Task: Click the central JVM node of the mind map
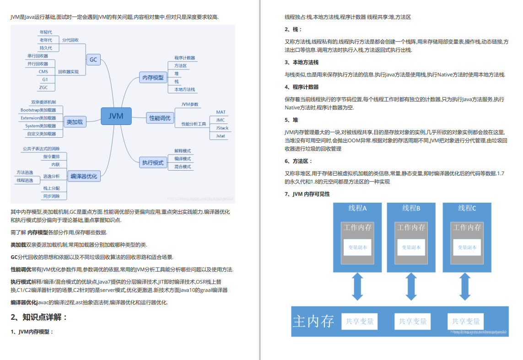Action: point(116,116)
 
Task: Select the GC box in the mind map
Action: point(93,59)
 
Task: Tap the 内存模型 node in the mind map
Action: point(153,78)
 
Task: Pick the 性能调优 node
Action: point(160,118)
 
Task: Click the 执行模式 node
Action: point(153,162)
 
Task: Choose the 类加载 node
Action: point(75,122)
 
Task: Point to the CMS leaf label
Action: point(43,71)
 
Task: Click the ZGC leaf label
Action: point(43,87)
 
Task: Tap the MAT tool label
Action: point(221,112)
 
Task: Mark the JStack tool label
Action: point(222,128)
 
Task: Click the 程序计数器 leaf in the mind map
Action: point(184,58)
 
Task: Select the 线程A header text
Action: point(358,208)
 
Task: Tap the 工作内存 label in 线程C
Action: point(467,227)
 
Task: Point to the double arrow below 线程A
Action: point(357,285)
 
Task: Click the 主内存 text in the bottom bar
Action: point(313,321)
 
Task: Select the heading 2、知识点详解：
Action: point(39,317)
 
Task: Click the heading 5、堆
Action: point(291,120)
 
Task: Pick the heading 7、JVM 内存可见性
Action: point(307,194)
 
